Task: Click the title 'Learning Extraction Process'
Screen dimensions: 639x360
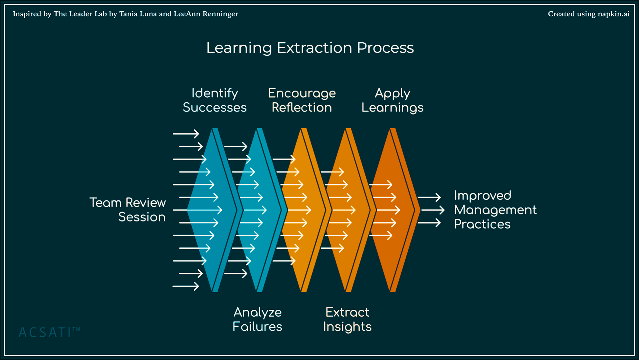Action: click(310, 48)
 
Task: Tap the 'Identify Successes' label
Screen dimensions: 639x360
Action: click(215, 100)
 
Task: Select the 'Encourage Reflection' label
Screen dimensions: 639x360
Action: click(302, 100)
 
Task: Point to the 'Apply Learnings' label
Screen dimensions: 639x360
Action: click(392, 100)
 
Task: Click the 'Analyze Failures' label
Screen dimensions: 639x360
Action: click(257, 319)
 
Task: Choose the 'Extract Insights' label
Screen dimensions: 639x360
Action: click(347, 319)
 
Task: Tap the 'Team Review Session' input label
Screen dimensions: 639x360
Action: click(127, 210)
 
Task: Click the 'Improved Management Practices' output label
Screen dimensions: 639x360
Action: click(496, 210)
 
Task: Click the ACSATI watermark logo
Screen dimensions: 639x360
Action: click(49, 332)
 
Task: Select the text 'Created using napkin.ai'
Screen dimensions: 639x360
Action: click(589, 14)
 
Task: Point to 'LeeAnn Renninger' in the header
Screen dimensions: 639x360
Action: click(206, 14)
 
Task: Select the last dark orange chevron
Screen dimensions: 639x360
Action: click(394, 210)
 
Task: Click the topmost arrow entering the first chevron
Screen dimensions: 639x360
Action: click(186, 134)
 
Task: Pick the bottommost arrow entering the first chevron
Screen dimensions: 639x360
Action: click(186, 286)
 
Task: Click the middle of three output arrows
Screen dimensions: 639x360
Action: click(433, 210)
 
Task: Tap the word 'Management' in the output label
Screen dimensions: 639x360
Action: click(496, 210)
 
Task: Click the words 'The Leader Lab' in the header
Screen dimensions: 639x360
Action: click(80, 14)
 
